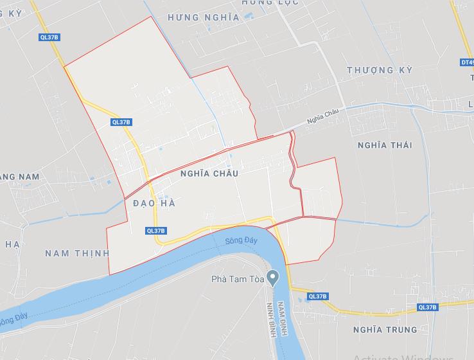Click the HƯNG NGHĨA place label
[x=203, y=17]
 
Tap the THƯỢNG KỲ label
[x=378, y=69]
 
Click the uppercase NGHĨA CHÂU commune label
[x=209, y=174]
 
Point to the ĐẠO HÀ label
[x=154, y=203]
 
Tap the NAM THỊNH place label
[x=77, y=253]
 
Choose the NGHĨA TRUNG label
[x=385, y=330]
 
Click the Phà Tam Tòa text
[x=238, y=279]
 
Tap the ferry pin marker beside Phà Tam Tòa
[x=274, y=277]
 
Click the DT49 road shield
[x=467, y=62]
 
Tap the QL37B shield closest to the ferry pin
[x=317, y=296]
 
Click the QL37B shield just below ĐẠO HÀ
[x=156, y=231]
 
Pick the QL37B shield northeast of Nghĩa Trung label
[x=427, y=307]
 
